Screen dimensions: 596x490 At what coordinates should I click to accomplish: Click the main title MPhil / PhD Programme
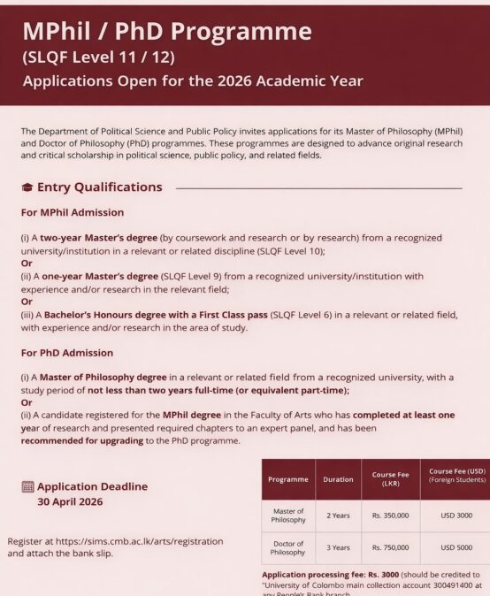[x=167, y=31]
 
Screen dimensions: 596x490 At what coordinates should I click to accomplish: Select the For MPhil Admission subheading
[x=72, y=212]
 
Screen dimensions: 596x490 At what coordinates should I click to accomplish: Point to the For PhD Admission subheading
[x=66, y=353]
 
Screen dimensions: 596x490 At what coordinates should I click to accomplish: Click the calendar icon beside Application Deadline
[x=27, y=486]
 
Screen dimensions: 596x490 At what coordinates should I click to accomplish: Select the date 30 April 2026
[x=70, y=501]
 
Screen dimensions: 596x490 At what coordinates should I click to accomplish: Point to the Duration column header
[x=338, y=479]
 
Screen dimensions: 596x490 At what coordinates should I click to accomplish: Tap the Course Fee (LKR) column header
[x=389, y=479]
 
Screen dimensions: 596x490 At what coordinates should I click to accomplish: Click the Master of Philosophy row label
[x=287, y=516]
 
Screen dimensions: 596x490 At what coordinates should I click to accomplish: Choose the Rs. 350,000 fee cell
[x=389, y=515]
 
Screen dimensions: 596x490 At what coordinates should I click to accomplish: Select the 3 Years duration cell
[x=338, y=547]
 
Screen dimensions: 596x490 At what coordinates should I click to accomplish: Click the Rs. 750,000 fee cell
[x=389, y=547]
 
